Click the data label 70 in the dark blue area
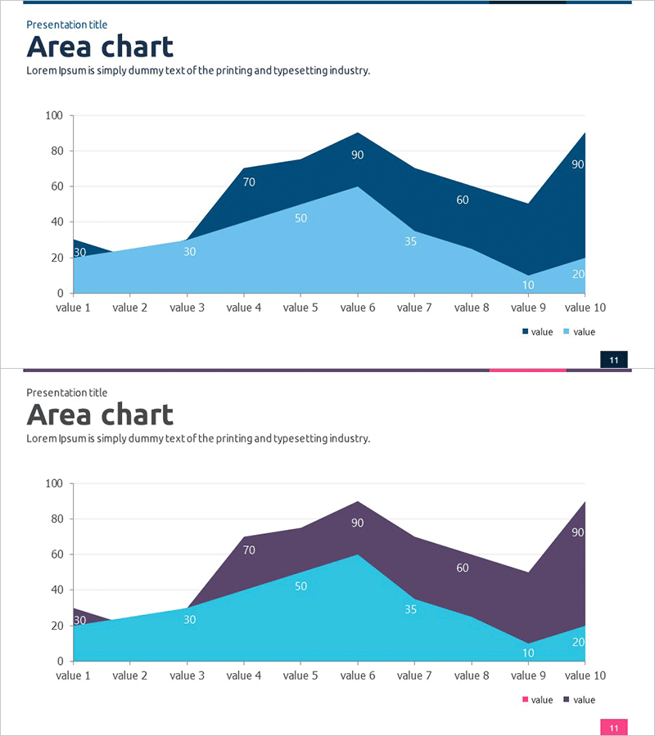point(249,182)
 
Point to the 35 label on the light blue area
point(411,241)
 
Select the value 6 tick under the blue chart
point(357,307)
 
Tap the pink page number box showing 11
point(613,727)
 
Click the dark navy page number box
point(613,359)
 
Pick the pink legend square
point(526,699)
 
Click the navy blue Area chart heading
point(100,47)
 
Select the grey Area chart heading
point(100,415)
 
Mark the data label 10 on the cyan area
point(528,653)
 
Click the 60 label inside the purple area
point(463,568)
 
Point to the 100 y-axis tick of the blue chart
point(54,115)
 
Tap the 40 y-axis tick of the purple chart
point(57,590)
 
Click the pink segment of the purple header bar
point(527,370)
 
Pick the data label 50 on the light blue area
point(300,218)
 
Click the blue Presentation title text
point(66,25)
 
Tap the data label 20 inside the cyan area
point(578,642)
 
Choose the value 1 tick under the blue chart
point(73,307)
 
